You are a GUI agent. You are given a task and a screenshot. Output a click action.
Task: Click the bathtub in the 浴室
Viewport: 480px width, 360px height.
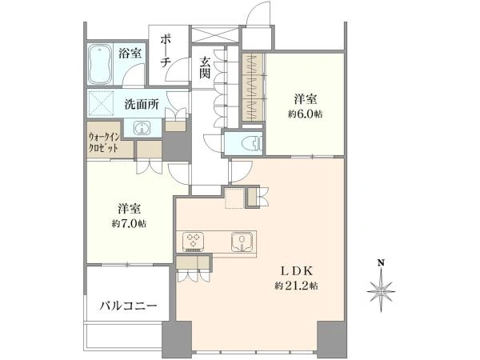100,65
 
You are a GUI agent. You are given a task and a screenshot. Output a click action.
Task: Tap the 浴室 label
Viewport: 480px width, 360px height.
130,54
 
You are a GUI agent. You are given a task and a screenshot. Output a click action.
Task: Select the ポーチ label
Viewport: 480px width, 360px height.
166,51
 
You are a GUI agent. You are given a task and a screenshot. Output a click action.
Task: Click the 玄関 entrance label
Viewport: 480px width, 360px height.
205,67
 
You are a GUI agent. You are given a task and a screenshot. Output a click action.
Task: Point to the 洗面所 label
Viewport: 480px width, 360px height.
142,105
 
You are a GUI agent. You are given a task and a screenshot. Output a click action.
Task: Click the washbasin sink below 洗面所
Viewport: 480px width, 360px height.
142,128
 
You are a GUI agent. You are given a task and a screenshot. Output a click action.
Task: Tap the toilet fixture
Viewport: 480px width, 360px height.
252,142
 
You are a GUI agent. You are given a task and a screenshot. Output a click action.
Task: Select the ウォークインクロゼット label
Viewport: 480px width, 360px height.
103,142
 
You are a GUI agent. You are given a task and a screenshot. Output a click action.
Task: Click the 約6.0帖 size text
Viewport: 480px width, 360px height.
305,114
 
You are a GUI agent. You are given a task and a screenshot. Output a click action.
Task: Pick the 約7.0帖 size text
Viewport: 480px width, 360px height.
129,224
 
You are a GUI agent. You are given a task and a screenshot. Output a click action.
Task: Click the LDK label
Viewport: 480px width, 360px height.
297,271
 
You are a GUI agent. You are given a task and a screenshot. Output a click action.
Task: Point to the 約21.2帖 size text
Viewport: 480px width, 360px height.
296,286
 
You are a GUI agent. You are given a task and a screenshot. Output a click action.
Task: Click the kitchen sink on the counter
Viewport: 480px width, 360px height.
242,242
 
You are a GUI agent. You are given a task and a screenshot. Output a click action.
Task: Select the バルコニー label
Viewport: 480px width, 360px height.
129,306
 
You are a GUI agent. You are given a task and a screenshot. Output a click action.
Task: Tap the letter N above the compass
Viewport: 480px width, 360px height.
381,262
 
